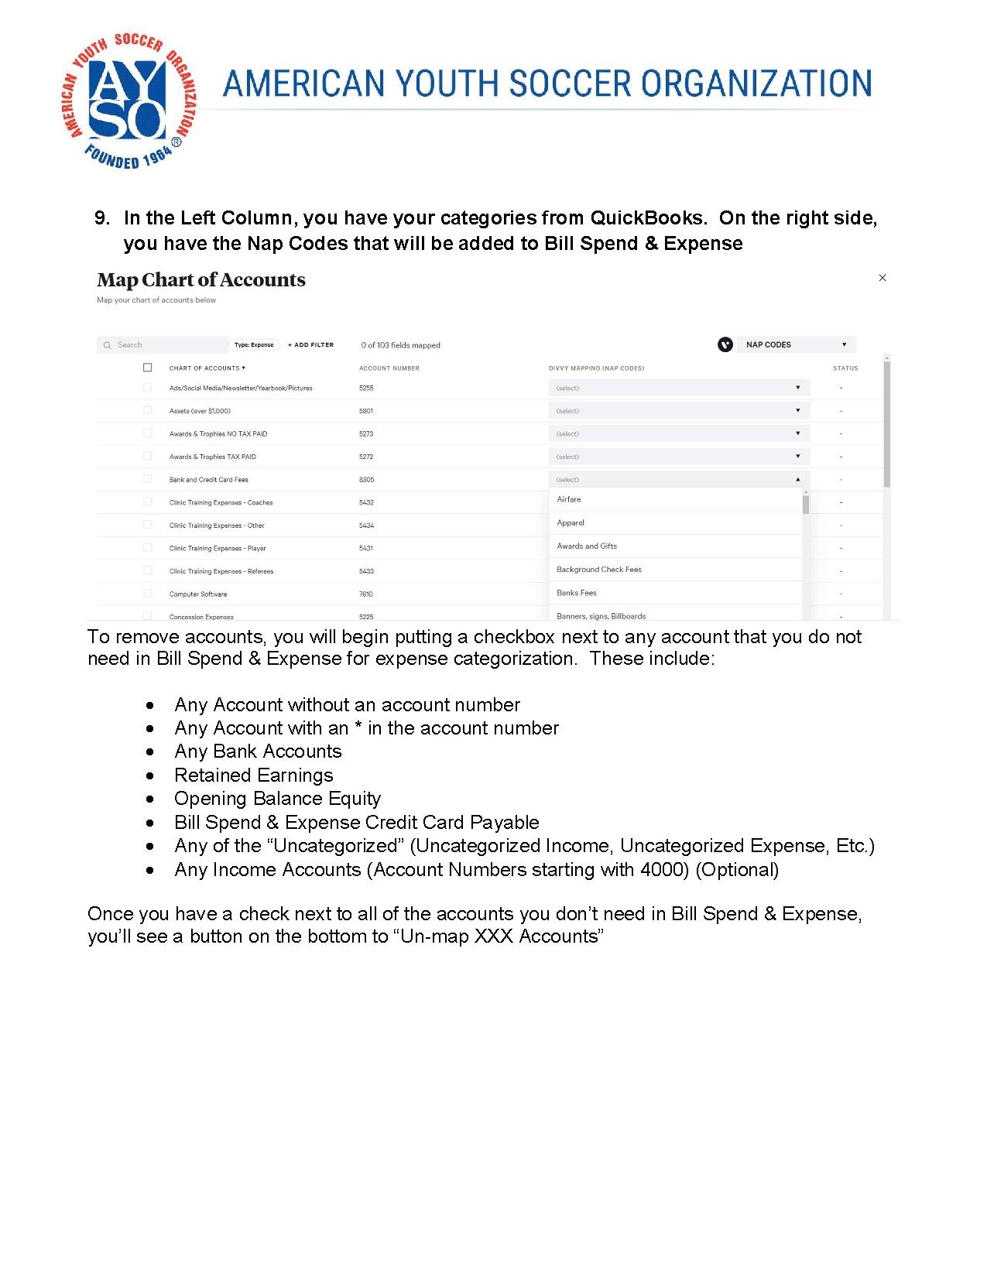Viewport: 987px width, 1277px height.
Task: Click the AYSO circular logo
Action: coord(129,101)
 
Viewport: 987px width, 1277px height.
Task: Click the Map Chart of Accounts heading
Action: coord(201,279)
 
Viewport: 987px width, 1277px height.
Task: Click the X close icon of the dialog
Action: coord(882,278)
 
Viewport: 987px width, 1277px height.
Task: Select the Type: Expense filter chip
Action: coord(254,345)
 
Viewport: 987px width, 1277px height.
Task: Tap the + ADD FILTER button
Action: coord(310,345)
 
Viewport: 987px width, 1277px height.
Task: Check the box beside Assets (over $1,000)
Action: coord(147,410)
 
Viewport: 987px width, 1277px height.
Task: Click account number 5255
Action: coord(366,389)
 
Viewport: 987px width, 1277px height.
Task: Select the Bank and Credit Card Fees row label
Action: coord(209,480)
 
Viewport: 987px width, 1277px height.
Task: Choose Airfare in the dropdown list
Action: coord(569,500)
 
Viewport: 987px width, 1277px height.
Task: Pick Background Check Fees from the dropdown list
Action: coord(599,570)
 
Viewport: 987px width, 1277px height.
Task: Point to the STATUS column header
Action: coord(845,368)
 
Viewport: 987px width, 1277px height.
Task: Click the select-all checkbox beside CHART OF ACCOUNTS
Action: coord(147,368)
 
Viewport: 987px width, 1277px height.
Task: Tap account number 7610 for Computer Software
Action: coord(366,594)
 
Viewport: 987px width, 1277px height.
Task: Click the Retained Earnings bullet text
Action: coord(254,775)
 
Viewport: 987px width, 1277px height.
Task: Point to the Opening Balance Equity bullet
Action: coord(277,799)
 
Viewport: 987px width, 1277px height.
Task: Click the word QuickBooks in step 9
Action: coord(649,218)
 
